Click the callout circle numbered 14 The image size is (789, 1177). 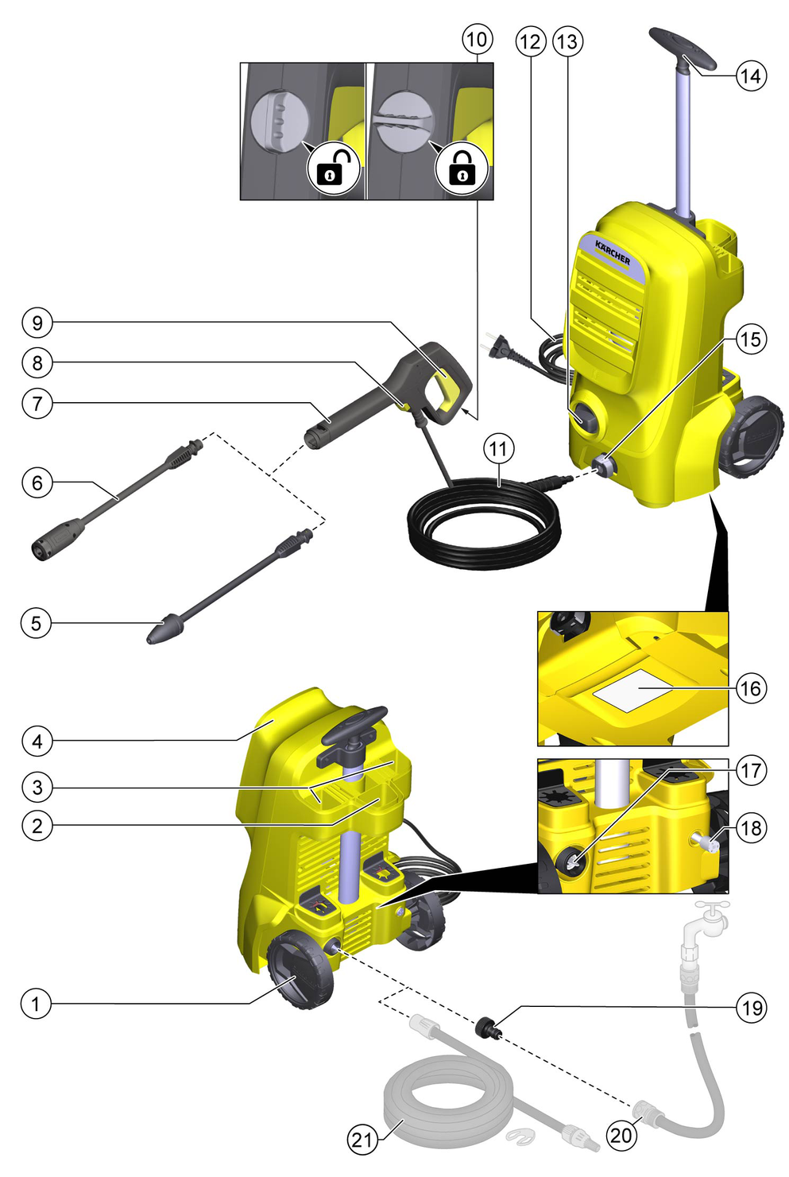751,75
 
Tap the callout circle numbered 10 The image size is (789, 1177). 477,39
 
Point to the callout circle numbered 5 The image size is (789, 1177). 36,624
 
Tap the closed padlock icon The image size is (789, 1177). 462,168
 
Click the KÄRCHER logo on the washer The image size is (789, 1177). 613,253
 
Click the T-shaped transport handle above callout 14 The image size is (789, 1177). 683,48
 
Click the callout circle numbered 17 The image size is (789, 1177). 751,771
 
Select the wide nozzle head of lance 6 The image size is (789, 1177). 58,538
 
